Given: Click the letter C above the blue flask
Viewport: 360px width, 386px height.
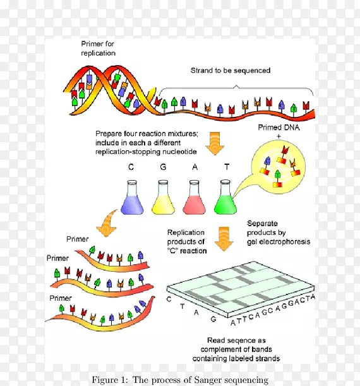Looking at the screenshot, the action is point(131,167).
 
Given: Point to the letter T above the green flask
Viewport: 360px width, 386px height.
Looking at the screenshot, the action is point(227,167).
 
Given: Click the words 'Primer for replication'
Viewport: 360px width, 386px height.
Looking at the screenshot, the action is point(98,49).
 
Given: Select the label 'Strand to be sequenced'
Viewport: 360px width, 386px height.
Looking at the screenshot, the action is point(231,70).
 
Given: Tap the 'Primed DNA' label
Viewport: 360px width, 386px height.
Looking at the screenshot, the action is point(279,128).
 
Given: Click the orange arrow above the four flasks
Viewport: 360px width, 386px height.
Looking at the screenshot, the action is point(215,143).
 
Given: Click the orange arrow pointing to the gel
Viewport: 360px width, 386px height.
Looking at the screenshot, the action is point(224,239).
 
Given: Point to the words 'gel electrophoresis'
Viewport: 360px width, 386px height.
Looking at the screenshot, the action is point(279,242).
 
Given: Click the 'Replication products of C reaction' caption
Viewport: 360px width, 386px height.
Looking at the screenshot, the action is point(187,241).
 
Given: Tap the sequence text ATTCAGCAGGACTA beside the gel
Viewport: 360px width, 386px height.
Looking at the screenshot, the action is point(273,310).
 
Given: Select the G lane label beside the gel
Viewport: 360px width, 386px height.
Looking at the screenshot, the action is point(213,319).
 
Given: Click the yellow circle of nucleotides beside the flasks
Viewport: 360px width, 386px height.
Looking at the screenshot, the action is point(279,167).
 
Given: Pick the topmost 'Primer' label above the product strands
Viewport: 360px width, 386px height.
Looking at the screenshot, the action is point(77,239).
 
